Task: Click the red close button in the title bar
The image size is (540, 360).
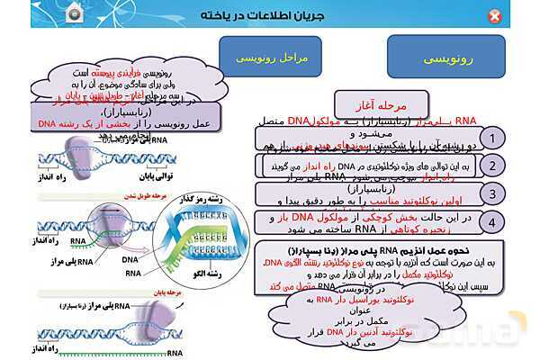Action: pos(494,16)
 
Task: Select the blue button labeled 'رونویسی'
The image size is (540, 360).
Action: pos(440,57)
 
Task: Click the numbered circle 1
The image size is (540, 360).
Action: pos(491,138)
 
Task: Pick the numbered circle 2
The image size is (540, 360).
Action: pos(491,166)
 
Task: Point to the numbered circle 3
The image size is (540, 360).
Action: pos(491,193)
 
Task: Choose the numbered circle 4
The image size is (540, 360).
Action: pos(491,221)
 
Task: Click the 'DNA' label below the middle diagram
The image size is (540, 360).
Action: pos(130,257)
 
